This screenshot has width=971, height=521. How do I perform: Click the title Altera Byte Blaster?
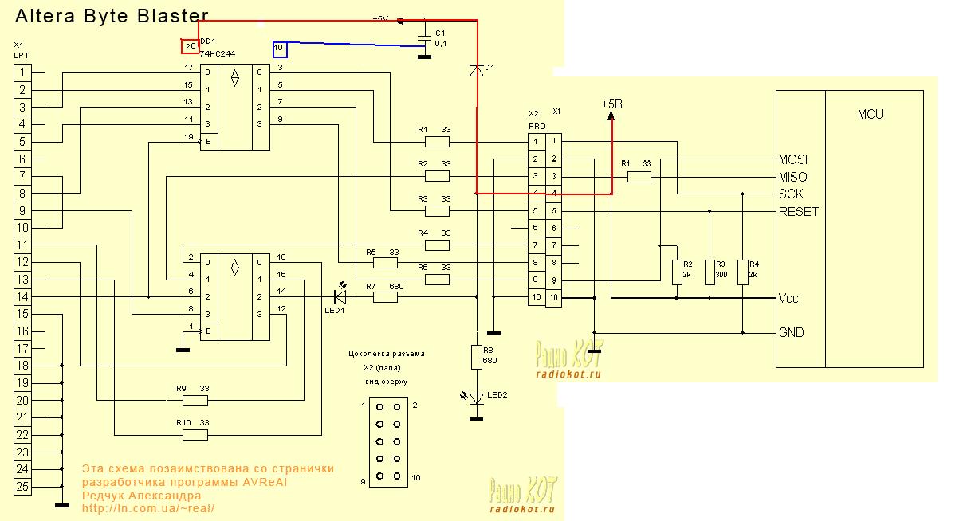click(112, 16)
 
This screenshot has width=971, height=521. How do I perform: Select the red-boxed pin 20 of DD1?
click(190, 46)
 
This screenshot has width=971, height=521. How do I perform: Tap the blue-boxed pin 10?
click(279, 49)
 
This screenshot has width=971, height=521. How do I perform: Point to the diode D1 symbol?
click(477, 71)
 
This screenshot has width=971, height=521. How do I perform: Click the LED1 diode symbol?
click(340, 297)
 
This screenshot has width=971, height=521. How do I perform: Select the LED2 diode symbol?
click(477, 398)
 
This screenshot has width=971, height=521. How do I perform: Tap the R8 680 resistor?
click(477, 357)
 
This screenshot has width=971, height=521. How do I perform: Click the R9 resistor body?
click(195, 400)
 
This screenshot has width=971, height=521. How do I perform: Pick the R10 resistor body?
click(195, 435)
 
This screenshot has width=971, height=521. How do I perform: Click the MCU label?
click(870, 115)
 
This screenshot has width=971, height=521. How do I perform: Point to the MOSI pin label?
click(793, 159)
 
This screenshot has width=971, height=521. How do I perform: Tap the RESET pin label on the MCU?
click(798, 212)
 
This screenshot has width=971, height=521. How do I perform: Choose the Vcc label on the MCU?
click(788, 299)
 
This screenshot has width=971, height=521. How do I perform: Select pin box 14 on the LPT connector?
click(23, 297)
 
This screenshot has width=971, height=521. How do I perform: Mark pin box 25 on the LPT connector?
click(23, 487)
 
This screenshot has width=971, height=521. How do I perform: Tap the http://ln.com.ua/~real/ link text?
click(148, 507)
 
